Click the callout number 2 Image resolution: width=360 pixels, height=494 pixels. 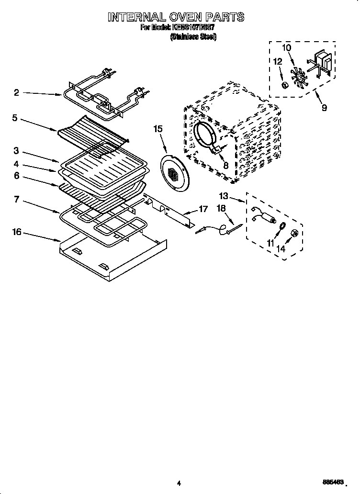(16, 93)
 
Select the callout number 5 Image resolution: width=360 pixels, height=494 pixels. (15, 117)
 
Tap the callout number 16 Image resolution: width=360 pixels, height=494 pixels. (17, 232)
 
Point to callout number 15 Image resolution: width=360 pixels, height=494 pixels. (158, 129)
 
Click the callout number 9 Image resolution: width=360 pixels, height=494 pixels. (324, 108)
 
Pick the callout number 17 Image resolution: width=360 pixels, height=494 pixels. (203, 209)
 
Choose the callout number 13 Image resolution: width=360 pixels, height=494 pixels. (224, 196)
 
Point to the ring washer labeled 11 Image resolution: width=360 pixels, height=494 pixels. (282, 226)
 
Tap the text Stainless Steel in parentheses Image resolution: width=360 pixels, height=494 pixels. (193, 37)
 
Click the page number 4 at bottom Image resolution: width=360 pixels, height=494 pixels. (178, 483)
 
